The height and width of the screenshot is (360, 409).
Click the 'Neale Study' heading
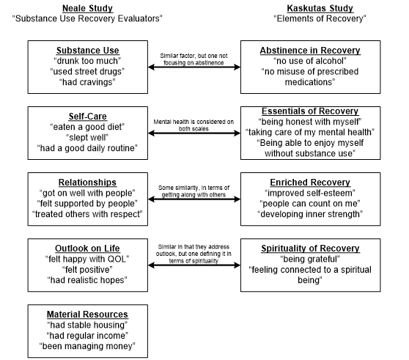87,8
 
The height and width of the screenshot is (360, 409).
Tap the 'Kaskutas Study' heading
320,8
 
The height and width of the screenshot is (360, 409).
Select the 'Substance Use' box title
88,51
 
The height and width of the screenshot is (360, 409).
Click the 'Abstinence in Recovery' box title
310,51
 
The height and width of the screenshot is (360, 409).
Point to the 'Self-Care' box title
88,117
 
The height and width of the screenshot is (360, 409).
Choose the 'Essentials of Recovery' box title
310,111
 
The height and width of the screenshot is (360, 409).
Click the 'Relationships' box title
87,183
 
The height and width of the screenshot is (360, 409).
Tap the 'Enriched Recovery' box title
310,183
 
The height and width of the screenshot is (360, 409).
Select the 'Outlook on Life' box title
87,249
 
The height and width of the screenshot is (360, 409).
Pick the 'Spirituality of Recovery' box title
310,249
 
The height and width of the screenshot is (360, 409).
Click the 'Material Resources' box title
87,315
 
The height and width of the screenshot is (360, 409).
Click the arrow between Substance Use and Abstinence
194,67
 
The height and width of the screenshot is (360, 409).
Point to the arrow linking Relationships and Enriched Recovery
194,199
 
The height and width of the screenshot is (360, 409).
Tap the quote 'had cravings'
87,82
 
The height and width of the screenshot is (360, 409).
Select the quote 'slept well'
87,138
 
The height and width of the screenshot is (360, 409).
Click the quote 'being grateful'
310,259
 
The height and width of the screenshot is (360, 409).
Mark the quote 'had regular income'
87,336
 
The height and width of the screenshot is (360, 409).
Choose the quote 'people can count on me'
310,204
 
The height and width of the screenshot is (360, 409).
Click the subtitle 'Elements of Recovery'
320,19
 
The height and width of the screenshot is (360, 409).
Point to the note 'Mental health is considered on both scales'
194,125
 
